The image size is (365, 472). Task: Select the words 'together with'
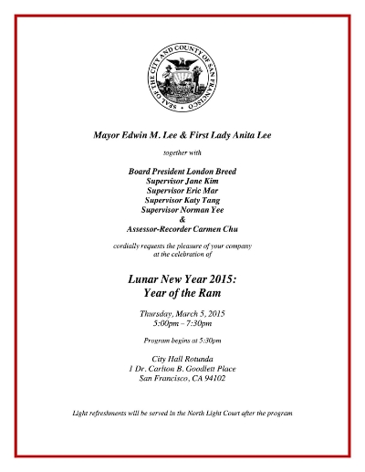click(x=182, y=152)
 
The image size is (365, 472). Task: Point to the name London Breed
click(x=213, y=171)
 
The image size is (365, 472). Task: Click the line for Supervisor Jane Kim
click(x=182, y=182)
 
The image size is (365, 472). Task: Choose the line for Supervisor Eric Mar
click(x=182, y=193)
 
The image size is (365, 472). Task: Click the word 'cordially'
click(x=130, y=248)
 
